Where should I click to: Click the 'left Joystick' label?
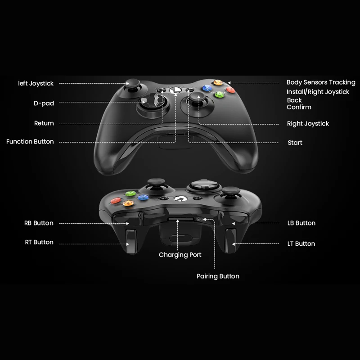36,83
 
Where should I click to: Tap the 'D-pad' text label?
44,103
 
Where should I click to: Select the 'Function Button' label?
30,142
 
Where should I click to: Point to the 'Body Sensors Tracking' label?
321,82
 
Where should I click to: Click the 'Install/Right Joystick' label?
318,92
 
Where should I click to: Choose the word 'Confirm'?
299,107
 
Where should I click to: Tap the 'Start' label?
295,143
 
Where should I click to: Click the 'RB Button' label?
39,223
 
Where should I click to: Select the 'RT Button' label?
39,242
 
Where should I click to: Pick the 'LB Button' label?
301,223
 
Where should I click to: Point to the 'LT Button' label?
301,243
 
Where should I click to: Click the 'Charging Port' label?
180,255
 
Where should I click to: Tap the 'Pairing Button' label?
218,276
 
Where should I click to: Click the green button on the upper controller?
219,94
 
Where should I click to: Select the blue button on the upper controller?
207,88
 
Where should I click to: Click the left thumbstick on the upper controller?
133,84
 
